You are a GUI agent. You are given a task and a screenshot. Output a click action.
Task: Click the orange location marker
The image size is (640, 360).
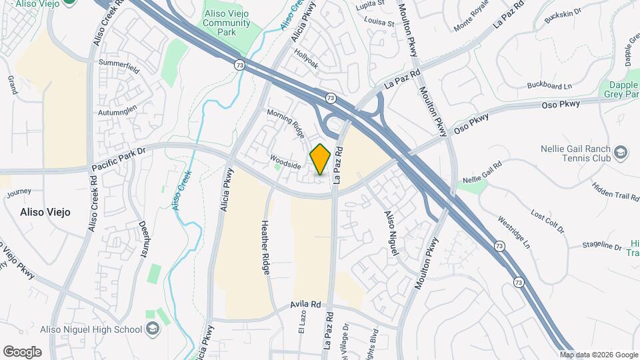[x=321, y=159]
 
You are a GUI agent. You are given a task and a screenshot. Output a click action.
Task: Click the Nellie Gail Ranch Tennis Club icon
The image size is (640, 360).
[x=621, y=153]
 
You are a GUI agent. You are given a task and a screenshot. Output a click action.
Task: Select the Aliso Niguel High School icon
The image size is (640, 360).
[x=153, y=329]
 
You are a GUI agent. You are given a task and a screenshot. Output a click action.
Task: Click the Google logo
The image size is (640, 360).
[x=22, y=351]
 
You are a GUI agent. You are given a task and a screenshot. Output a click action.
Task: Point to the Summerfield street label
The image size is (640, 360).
[x=119, y=63]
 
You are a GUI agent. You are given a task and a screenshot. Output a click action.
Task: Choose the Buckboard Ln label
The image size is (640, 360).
[x=549, y=85]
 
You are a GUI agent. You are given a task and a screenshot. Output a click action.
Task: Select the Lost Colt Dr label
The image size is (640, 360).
[x=547, y=221]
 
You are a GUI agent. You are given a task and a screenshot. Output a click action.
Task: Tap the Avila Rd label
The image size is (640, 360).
[x=305, y=305]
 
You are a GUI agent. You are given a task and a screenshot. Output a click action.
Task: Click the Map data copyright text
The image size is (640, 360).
[x=598, y=355]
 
